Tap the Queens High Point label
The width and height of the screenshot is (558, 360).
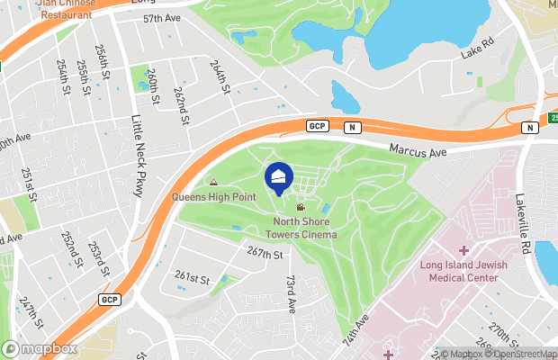point(213,197)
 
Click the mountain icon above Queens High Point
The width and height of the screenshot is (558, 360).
point(213,183)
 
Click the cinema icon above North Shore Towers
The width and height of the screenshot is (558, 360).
point(301,207)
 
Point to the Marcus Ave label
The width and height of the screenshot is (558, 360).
point(418,151)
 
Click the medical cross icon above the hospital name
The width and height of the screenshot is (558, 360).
point(464,249)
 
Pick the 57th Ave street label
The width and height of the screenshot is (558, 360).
point(163,18)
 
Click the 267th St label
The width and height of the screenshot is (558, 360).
point(265,255)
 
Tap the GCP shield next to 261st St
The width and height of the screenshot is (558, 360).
point(109,299)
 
